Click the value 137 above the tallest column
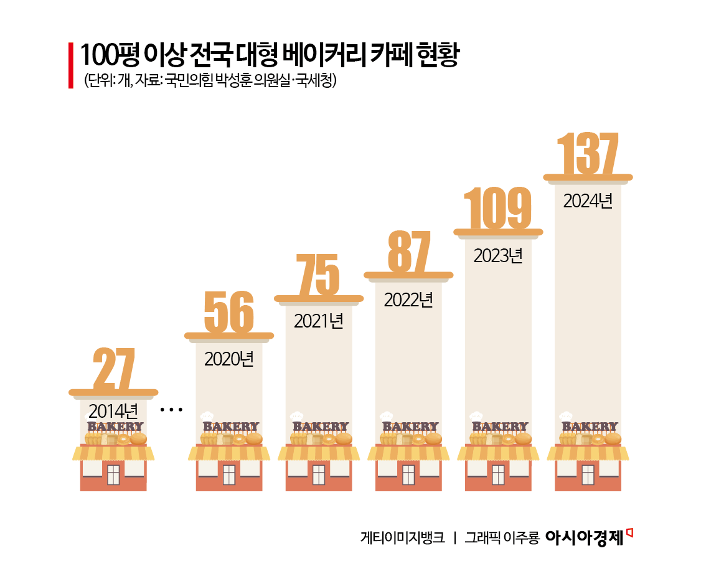(x=588, y=153)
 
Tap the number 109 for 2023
(x=498, y=208)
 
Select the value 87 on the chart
(x=408, y=252)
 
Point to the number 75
(x=319, y=275)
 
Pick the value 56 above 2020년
(x=228, y=313)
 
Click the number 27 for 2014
(x=113, y=369)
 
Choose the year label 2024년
(x=588, y=201)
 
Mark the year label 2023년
(x=498, y=256)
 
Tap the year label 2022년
(x=408, y=300)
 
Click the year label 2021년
(x=319, y=321)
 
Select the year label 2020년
(x=229, y=359)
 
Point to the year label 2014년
(x=113, y=411)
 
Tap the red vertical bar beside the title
(x=71, y=65)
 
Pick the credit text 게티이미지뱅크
(x=402, y=537)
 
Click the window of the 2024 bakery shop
(x=588, y=474)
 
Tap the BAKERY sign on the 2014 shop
(x=115, y=427)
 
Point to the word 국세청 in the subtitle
(x=316, y=82)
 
